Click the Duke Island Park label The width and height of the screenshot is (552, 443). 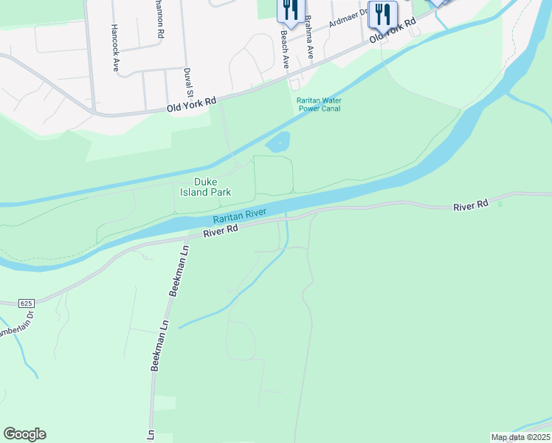[x=213, y=187]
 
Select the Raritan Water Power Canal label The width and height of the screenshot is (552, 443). [x=320, y=104]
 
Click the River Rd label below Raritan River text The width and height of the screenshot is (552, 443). [x=221, y=231]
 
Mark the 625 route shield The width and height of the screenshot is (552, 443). [x=27, y=303]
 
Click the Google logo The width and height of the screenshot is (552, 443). [x=24, y=434]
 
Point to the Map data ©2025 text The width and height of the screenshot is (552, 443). [x=520, y=437]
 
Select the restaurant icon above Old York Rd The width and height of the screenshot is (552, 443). [x=382, y=13]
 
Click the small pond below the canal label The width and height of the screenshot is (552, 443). [x=278, y=142]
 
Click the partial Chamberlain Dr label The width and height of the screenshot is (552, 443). [x=16, y=327]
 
